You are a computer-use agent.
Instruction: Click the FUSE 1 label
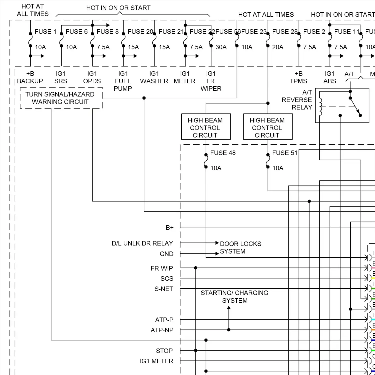(x=45, y=32)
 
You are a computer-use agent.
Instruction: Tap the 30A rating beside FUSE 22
(x=221, y=47)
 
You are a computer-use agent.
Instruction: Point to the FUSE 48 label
(x=223, y=153)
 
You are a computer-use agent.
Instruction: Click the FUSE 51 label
(x=285, y=153)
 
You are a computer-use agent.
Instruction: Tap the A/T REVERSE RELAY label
(x=297, y=100)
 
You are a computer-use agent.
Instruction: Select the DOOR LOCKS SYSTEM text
(x=240, y=247)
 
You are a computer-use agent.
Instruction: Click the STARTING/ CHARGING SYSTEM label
(x=234, y=296)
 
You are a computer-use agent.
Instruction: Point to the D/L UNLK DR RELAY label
(x=142, y=243)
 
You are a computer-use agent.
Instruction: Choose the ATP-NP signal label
(x=162, y=330)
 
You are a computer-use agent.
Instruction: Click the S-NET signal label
(x=164, y=289)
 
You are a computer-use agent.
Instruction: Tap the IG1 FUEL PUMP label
(x=123, y=81)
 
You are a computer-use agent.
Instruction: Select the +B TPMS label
(x=298, y=77)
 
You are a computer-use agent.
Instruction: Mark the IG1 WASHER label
(x=154, y=77)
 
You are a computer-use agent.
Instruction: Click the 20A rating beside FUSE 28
(x=278, y=47)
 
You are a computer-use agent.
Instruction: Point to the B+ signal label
(x=169, y=227)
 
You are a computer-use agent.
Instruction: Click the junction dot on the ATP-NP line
(x=229, y=330)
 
